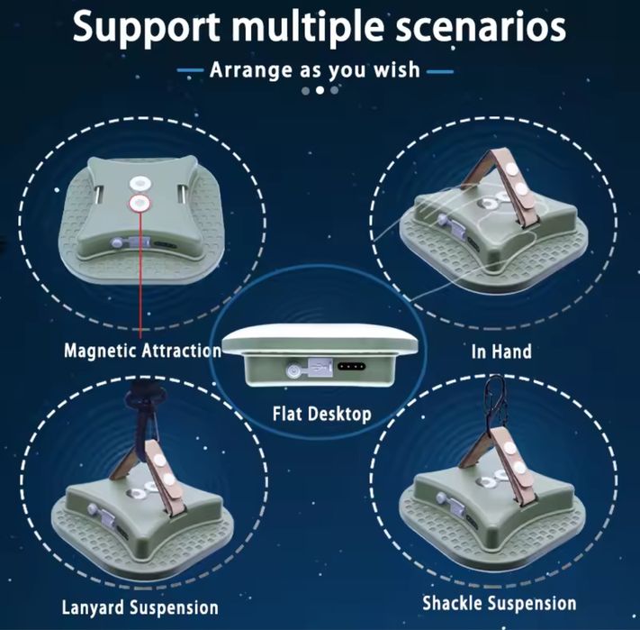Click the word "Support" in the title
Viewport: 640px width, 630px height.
146,28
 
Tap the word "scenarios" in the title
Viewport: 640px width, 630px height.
482,26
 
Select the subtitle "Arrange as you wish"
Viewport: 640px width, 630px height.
315,70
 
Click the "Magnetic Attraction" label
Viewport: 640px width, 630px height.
142,351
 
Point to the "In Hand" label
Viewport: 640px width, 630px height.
501,352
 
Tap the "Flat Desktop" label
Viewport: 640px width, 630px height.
322,414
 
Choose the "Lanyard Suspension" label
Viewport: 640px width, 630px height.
140,607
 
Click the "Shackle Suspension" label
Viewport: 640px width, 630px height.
500,603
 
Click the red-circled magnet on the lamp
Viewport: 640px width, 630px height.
140,202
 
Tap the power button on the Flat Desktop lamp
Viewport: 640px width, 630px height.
293,370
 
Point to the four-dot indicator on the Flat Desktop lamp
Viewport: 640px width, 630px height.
351,366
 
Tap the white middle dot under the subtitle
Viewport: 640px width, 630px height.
320,90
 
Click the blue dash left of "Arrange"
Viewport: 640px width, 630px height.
190,70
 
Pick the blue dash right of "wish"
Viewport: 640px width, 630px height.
440,71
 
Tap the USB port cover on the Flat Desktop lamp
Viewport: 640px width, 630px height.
320,366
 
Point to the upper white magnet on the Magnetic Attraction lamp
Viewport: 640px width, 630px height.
140,184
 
